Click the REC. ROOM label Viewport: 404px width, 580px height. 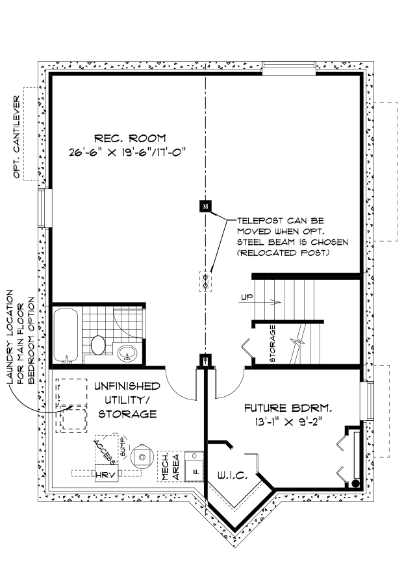130,138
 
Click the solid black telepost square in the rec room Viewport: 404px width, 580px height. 205,207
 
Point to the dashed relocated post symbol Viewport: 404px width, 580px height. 205,281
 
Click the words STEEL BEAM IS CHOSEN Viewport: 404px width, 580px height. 292,242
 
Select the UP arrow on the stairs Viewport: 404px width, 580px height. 263,300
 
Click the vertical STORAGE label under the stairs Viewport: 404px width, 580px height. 273,344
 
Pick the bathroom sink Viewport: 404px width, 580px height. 128,353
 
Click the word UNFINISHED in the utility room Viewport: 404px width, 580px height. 127,386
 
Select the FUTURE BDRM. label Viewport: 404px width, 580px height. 288,409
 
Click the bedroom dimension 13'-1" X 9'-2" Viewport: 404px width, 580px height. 288,422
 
